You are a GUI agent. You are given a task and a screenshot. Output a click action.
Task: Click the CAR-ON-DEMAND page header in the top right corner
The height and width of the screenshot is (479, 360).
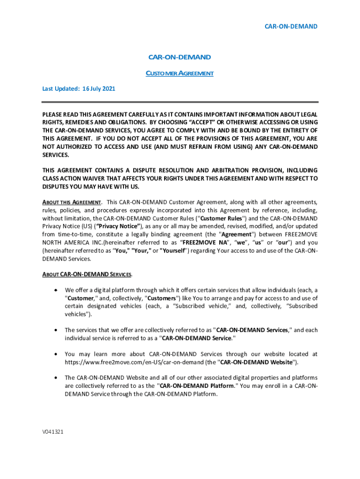pos(291,26)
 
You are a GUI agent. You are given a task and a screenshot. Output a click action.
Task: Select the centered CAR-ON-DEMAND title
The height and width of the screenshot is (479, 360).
pos(180,57)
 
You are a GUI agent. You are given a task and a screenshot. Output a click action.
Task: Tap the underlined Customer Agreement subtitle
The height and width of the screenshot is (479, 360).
pos(180,73)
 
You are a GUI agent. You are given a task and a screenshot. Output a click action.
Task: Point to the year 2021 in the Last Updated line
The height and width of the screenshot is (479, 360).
pos(108,88)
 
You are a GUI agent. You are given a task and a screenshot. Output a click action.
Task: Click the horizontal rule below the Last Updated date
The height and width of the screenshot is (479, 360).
pos(180,102)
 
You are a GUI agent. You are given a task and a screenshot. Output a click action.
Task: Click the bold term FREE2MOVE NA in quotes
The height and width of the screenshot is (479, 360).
pos(202,242)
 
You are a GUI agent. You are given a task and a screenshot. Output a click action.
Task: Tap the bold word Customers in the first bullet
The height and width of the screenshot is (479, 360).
pos(161,298)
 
